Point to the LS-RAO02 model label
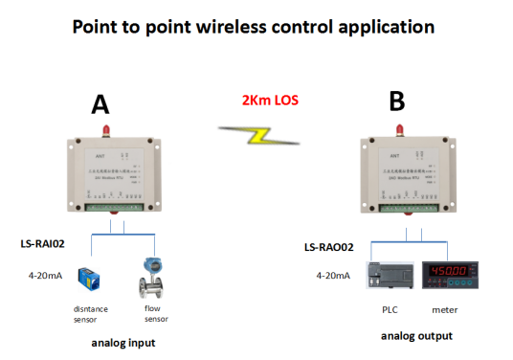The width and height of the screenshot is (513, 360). click(328, 247)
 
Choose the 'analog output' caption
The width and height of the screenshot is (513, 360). click(416, 336)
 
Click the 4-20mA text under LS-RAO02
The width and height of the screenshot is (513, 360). click(328, 276)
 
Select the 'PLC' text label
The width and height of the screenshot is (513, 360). click(388, 311)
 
